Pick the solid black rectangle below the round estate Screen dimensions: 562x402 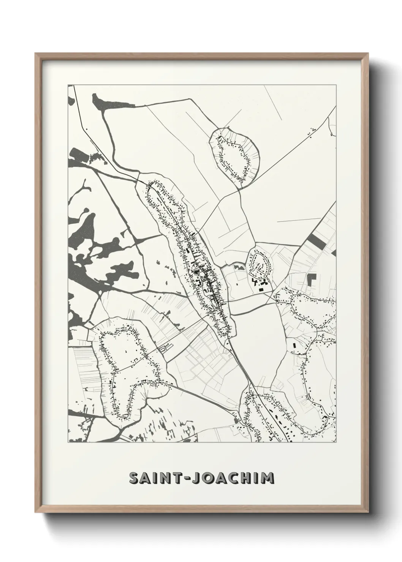[x=261, y=290]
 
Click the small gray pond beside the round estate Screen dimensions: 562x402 [x=239, y=267]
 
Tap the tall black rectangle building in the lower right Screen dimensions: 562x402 [x=294, y=346]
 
